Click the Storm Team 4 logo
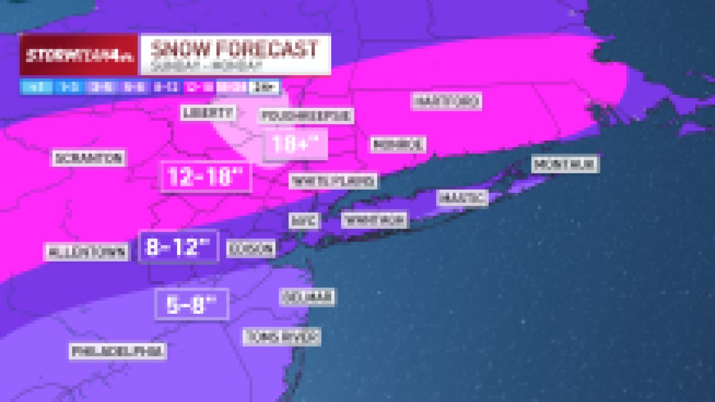pyautogui.click(x=79, y=54)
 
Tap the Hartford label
pyautogui.click(x=446, y=101)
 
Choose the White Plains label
pyautogui.click(x=332, y=180)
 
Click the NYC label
pyautogui.click(x=304, y=220)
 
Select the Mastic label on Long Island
pyautogui.click(x=462, y=197)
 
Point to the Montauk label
pyautogui.click(x=565, y=164)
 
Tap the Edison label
pyautogui.click(x=251, y=249)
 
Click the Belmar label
pyautogui.click(x=307, y=296)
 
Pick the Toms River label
pyautogui.click(x=282, y=336)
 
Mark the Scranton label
pyautogui.click(x=89, y=158)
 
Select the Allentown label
pyautogui.click(x=87, y=251)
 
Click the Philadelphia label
pyautogui.click(x=117, y=351)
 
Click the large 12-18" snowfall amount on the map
pyautogui.click(x=206, y=177)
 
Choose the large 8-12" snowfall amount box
pyautogui.click(x=178, y=247)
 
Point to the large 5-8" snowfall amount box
pyautogui.click(x=191, y=304)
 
